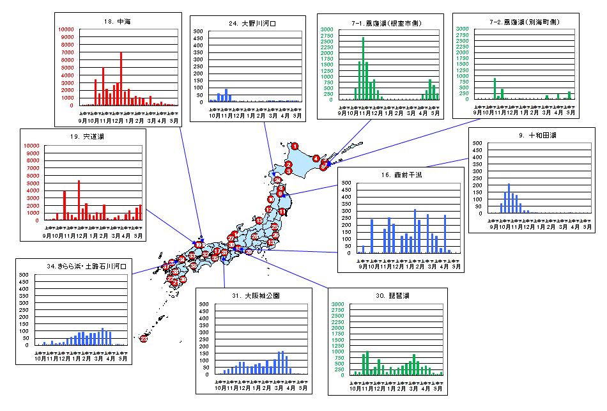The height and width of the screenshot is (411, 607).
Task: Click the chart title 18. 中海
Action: point(116,21)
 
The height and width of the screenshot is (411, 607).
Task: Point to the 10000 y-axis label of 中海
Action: point(67,30)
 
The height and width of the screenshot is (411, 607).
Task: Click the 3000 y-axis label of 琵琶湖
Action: point(339,304)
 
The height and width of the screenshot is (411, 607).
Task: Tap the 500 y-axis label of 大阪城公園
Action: point(204,304)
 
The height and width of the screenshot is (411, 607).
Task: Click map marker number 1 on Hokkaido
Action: point(295,146)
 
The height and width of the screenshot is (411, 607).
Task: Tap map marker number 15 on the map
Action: point(259,221)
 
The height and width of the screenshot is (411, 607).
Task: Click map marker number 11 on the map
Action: point(282,211)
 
